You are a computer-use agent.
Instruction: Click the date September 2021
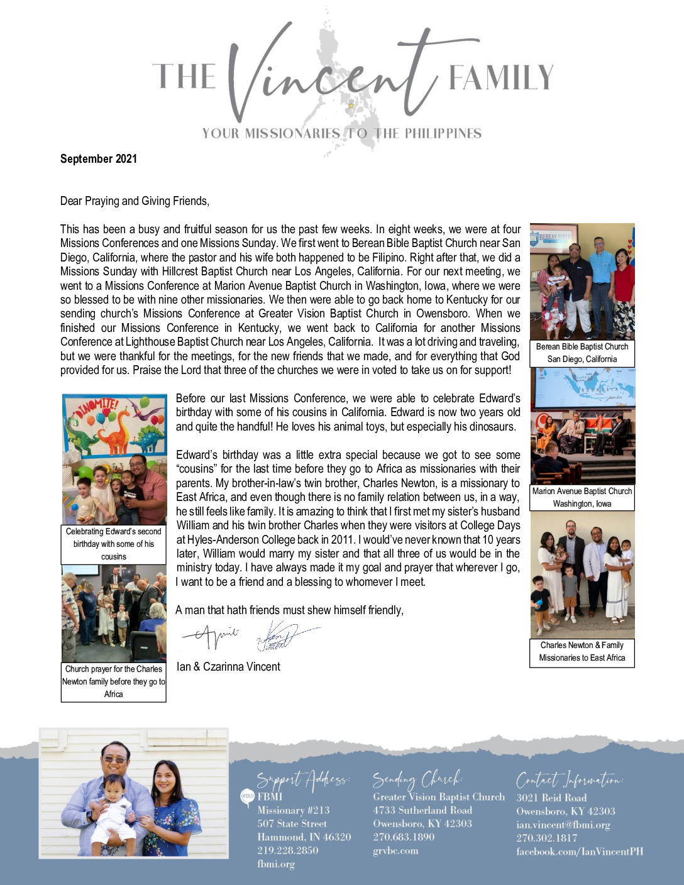[98, 159]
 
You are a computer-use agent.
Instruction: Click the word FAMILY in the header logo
[500, 78]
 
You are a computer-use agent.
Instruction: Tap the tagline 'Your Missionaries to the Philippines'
[341, 133]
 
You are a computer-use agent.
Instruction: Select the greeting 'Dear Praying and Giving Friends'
[135, 201]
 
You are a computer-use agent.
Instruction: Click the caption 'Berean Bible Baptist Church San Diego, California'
[582, 353]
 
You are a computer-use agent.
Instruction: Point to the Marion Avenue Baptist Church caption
[582, 497]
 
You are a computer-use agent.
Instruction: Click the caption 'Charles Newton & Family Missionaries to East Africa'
[582, 652]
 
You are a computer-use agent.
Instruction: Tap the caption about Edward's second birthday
[113, 544]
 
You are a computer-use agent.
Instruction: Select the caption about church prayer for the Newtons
[113, 681]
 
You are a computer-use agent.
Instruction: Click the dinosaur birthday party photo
[114, 459]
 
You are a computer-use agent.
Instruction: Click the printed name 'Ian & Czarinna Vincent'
[228, 667]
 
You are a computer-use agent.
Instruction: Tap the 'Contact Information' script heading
[570, 781]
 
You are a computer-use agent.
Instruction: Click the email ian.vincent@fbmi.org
[563, 825]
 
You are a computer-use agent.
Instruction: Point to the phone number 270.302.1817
[546, 838]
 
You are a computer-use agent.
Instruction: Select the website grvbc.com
[395, 851]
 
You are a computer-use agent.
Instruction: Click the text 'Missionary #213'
[293, 811]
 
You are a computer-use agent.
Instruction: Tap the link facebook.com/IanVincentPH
[580, 852]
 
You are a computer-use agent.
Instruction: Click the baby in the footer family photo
[113, 811]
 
